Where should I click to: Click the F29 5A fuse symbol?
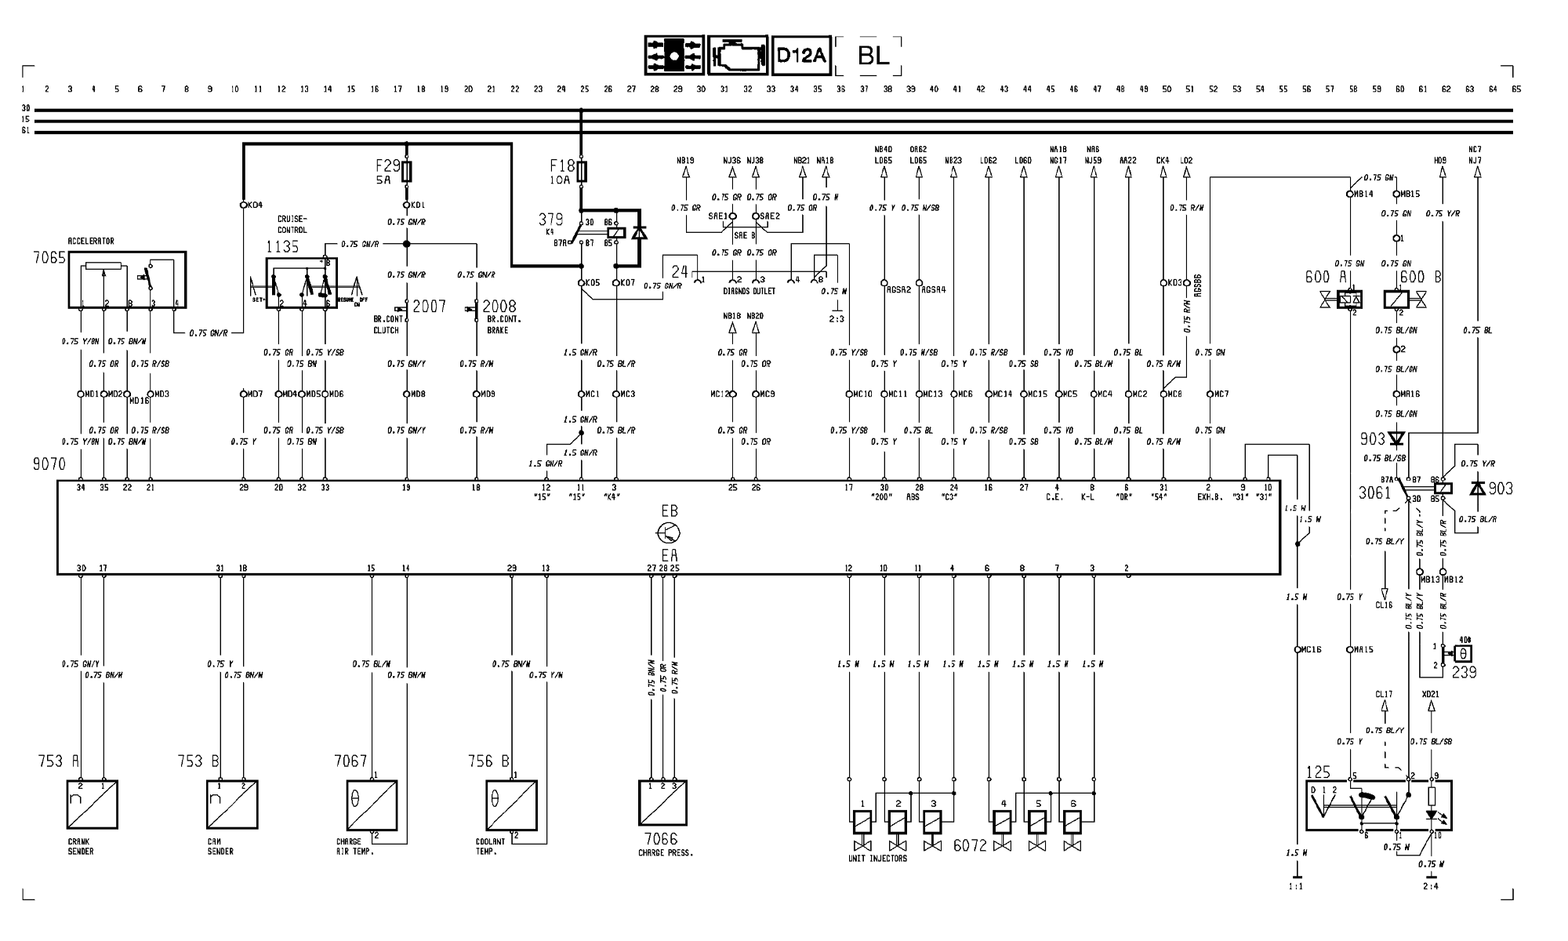(406, 171)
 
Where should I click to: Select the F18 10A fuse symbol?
(581, 171)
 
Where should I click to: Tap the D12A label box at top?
(800, 56)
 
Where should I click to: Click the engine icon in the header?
(738, 56)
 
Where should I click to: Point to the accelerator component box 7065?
(126, 280)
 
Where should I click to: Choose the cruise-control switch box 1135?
(302, 283)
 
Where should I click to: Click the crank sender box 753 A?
(93, 804)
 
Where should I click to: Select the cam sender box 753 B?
(232, 804)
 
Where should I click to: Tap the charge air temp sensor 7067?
(372, 805)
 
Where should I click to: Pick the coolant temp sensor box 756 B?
(511, 805)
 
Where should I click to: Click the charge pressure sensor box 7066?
(662, 804)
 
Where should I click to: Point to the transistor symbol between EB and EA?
(668, 533)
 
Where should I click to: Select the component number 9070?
(49, 464)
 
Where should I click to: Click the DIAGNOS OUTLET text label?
(749, 291)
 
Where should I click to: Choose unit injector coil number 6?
(1072, 822)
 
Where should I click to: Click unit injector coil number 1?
(862, 822)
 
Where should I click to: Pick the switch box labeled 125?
(1378, 805)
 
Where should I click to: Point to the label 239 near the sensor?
(1463, 672)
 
